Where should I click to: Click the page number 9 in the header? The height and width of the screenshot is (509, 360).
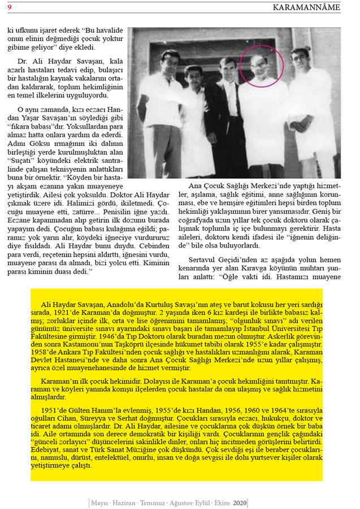pyautogui.click(x=9, y=7)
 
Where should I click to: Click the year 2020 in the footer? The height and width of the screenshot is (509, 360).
pyautogui.click(x=240, y=502)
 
